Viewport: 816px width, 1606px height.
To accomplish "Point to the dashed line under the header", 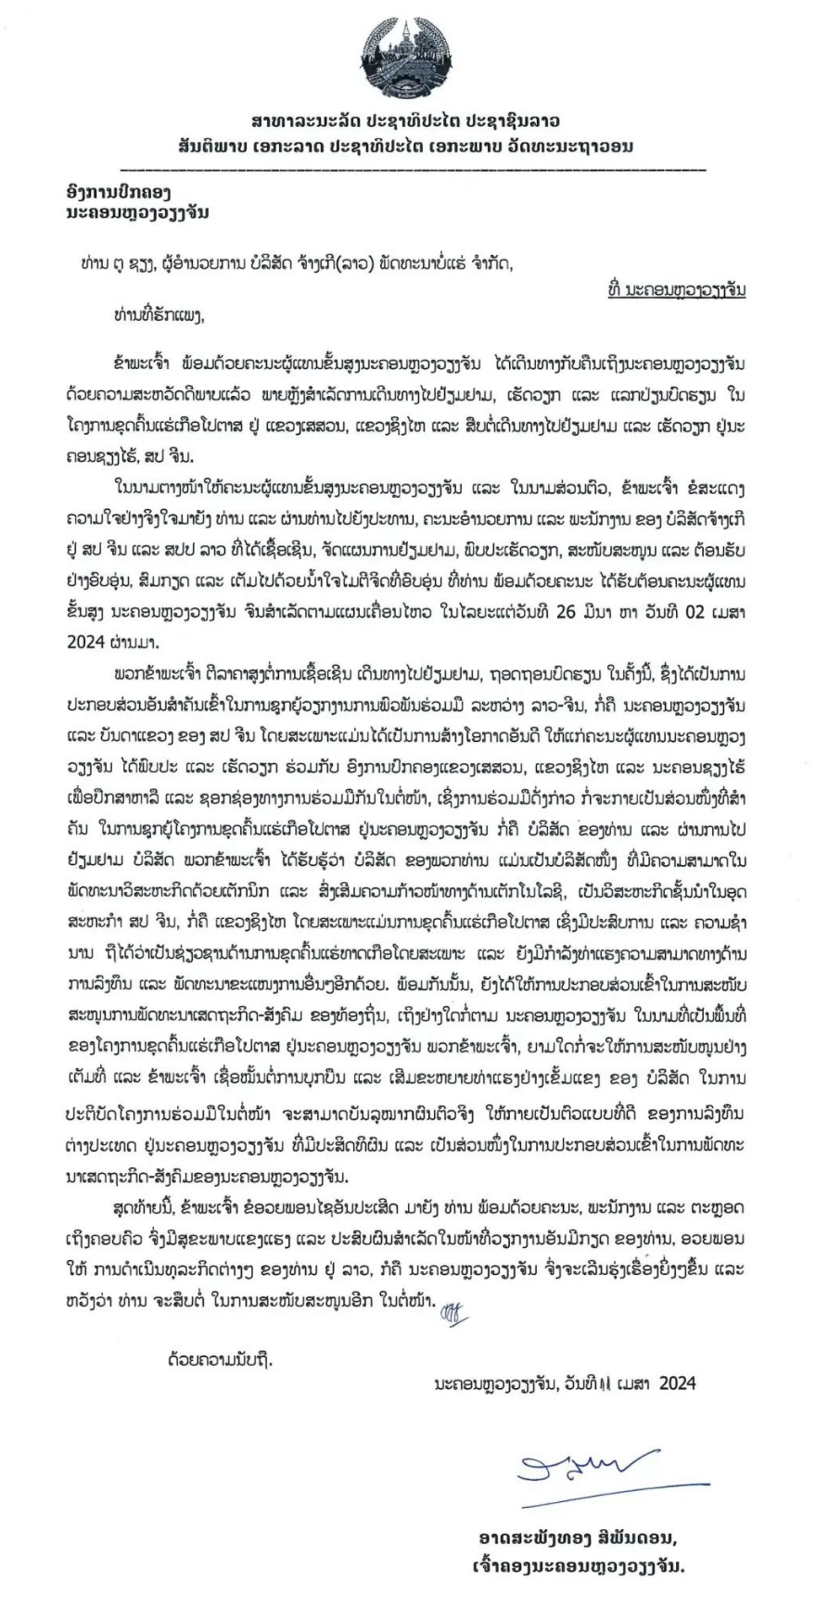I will (413, 170).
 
